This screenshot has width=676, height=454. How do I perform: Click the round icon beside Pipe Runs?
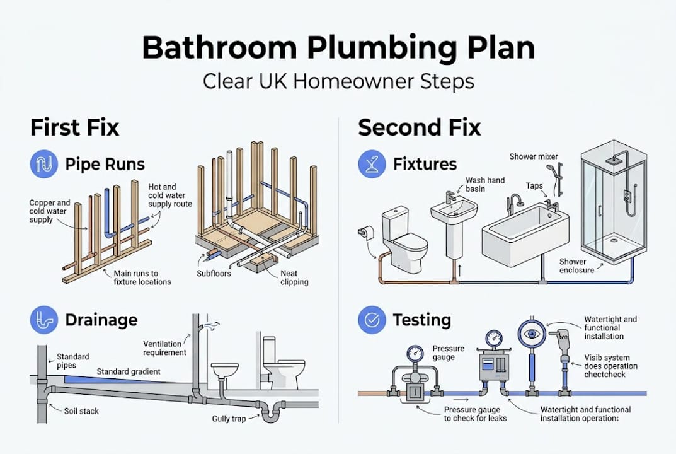coord(44,164)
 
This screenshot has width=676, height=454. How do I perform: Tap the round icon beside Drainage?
coord(44,320)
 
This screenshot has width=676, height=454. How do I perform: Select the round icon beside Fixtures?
coord(372,164)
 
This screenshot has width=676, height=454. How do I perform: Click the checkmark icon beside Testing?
coord(372,320)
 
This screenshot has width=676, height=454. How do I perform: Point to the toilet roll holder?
coord(365,233)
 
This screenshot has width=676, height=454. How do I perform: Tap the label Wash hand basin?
coord(485,184)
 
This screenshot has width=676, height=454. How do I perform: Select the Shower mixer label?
coord(534,156)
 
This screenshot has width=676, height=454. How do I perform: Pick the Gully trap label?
coord(229,419)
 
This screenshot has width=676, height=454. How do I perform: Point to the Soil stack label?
coord(81,411)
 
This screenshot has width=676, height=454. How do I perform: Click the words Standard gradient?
coord(129,371)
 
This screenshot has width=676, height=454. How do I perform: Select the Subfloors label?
coord(214,273)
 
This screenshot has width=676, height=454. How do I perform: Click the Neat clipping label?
coord(294,277)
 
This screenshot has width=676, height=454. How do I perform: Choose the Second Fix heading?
coord(419,127)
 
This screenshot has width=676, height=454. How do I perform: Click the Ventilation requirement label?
coord(164,348)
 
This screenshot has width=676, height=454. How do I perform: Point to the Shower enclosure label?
coord(577,266)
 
